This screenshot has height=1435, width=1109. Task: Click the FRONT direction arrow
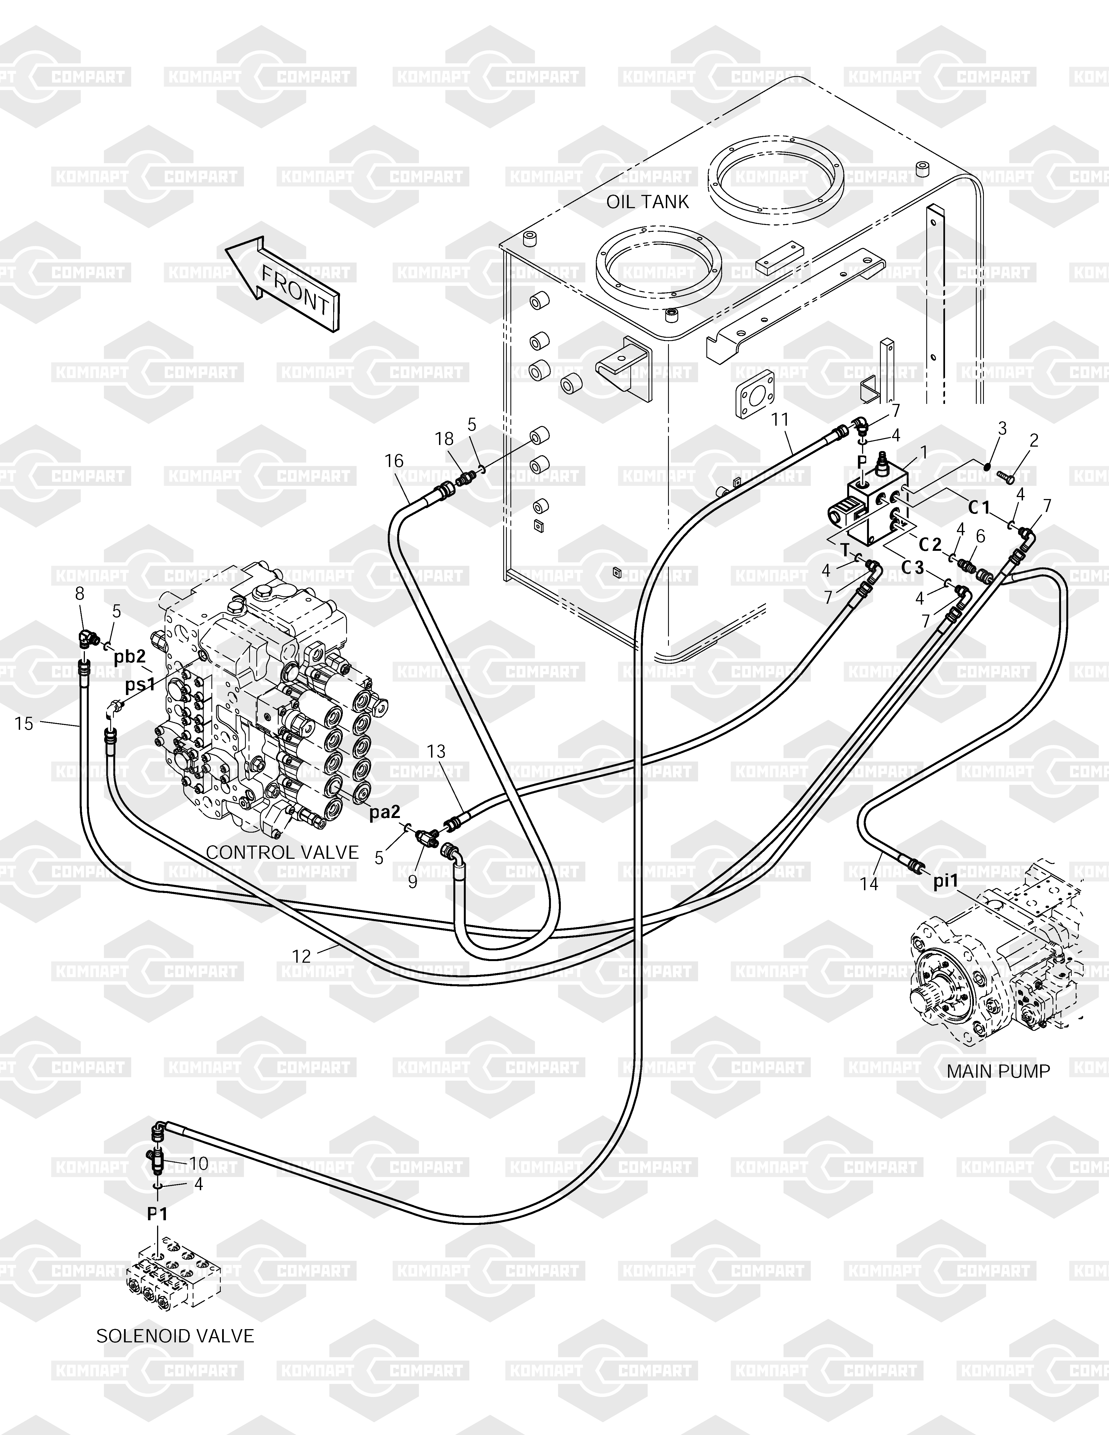click(x=282, y=284)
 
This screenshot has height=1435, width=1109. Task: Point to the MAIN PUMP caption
click(x=998, y=1071)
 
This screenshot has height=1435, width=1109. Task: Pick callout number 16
click(x=394, y=461)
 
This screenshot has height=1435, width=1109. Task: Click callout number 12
click(x=302, y=956)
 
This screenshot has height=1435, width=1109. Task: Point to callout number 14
click(x=869, y=884)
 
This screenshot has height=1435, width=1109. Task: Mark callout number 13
click(x=436, y=751)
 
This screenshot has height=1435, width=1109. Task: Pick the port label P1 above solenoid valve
click(x=157, y=1214)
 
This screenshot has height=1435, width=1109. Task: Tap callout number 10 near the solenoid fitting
click(x=198, y=1164)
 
